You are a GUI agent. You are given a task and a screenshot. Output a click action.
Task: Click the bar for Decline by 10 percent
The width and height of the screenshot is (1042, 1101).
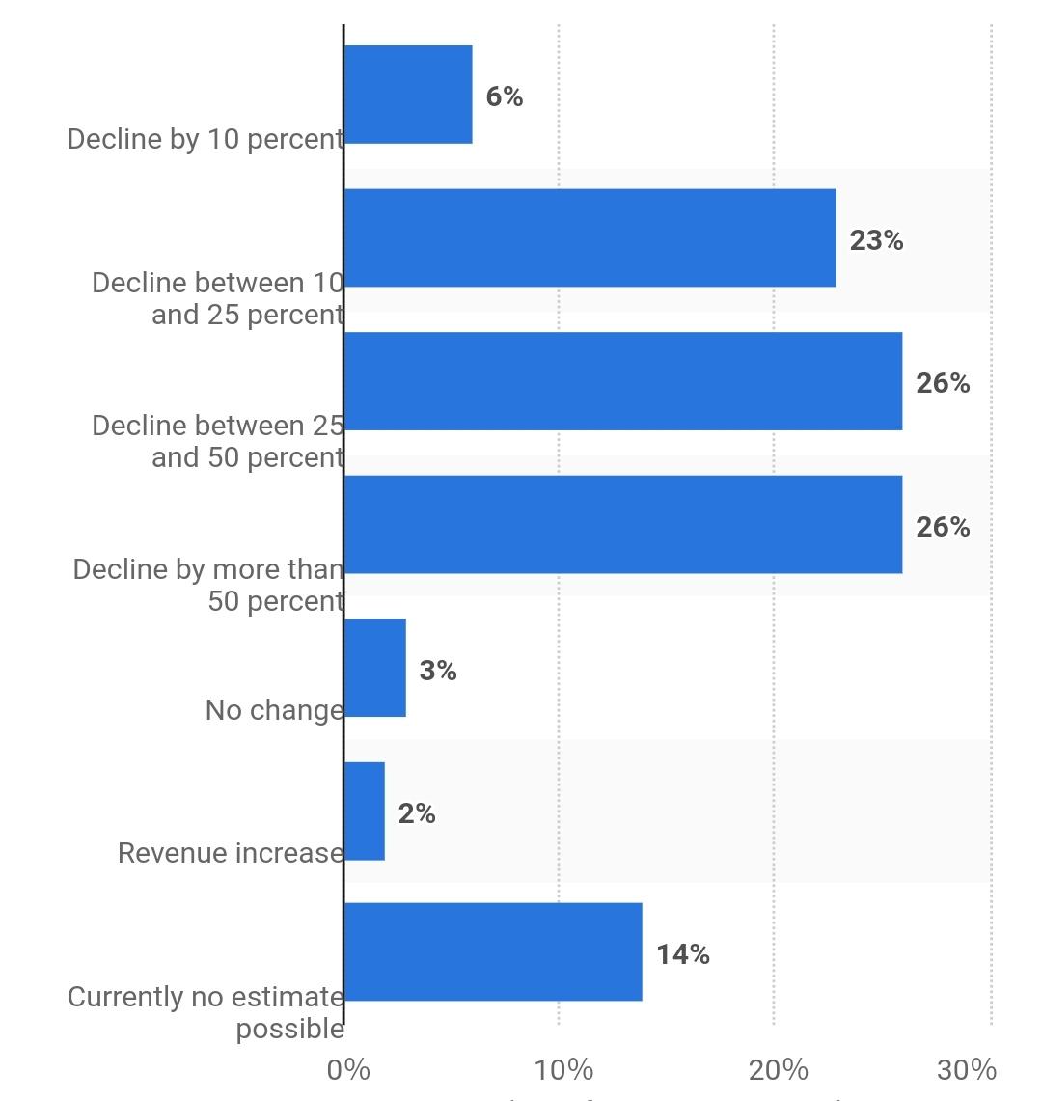pyautogui.click(x=408, y=95)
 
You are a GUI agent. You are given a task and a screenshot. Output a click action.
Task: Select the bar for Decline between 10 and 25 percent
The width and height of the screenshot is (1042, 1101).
pyautogui.click(x=590, y=237)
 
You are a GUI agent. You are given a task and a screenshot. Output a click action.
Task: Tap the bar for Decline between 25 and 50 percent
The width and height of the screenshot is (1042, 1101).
pyautogui.click(x=622, y=381)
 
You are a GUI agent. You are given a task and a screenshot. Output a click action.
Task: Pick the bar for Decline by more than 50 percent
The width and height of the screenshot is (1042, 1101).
pyautogui.click(x=622, y=524)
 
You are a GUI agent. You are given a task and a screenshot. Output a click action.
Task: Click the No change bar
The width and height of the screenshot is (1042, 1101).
pyautogui.click(x=375, y=668)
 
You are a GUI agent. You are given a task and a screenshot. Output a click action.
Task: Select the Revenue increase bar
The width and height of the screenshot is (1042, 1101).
pyautogui.click(x=365, y=812)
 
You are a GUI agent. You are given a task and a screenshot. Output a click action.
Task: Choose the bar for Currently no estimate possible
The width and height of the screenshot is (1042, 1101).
pyautogui.click(x=493, y=952)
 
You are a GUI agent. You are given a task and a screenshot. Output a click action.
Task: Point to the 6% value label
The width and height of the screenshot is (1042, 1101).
pyautogui.click(x=504, y=96)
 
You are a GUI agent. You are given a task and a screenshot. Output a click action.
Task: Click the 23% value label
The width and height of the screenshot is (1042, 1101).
pyautogui.click(x=876, y=240)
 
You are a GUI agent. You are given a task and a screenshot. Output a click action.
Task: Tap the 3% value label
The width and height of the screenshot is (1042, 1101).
pyautogui.click(x=438, y=671)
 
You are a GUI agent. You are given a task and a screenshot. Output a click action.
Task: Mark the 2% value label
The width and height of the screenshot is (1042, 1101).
pyautogui.click(x=417, y=814)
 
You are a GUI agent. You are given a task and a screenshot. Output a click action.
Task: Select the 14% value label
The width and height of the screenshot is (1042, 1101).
pyautogui.click(x=683, y=954)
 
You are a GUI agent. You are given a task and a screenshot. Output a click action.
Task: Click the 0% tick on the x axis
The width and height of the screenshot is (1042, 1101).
pyautogui.click(x=348, y=1069)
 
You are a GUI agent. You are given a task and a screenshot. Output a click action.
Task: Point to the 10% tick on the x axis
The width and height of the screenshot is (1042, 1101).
pyautogui.click(x=563, y=1069)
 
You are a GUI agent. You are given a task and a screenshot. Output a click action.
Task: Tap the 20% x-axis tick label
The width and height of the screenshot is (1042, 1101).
pyautogui.click(x=779, y=1069)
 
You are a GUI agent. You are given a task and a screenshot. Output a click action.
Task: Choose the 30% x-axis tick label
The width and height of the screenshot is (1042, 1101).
pyautogui.click(x=967, y=1069)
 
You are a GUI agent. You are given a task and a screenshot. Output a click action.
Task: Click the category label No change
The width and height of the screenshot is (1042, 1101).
pyautogui.click(x=274, y=710)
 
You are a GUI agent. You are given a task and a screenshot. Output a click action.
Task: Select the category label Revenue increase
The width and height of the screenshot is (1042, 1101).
pyautogui.click(x=231, y=853)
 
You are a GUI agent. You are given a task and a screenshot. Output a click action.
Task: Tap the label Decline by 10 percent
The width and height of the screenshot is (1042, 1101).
pyautogui.click(x=205, y=139)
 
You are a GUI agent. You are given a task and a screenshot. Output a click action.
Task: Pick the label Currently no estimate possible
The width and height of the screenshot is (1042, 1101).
pyautogui.click(x=206, y=1012)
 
